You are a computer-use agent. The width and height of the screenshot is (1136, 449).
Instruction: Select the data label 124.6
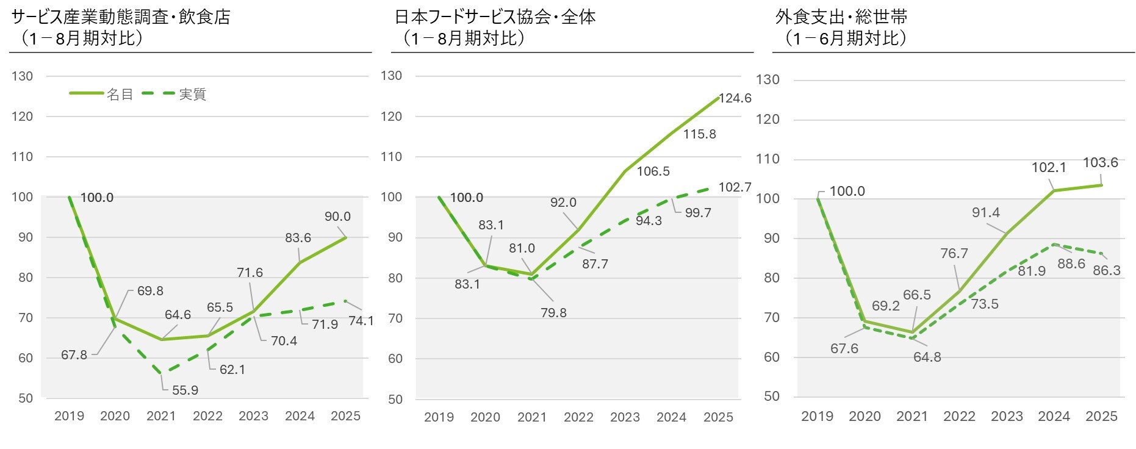click(x=735, y=98)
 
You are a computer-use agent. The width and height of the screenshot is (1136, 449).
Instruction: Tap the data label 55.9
click(x=185, y=390)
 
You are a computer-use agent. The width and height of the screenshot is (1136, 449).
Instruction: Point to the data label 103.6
click(x=1100, y=163)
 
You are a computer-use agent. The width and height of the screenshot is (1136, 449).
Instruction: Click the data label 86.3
click(x=1106, y=270)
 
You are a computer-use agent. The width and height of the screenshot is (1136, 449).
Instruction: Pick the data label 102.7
click(x=735, y=187)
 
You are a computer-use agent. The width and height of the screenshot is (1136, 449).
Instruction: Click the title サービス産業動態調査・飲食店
click(x=121, y=16)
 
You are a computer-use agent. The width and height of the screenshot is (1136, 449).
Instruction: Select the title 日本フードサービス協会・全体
click(x=495, y=16)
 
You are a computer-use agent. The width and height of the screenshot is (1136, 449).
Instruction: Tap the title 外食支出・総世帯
click(x=841, y=16)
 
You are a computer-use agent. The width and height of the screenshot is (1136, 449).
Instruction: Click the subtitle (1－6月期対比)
click(x=846, y=38)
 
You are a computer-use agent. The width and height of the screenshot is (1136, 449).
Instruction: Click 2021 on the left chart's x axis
click(x=161, y=416)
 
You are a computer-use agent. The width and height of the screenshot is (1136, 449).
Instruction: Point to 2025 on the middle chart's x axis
click(x=718, y=417)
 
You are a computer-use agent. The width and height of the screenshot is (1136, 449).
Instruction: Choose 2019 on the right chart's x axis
click(x=817, y=417)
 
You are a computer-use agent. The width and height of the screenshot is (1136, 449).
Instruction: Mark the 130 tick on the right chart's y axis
click(x=768, y=80)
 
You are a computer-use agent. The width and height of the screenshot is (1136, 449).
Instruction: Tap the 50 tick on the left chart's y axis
click(x=25, y=398)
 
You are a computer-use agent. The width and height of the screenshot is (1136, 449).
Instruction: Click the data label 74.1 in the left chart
click(x=361, y=321)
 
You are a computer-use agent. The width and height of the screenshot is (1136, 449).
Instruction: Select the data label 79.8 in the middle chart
click(x=553, y=313)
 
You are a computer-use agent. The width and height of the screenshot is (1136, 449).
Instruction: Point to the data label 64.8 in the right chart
click(x=927, y=357)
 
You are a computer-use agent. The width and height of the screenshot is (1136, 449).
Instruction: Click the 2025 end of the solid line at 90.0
click(x=346, y=237)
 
